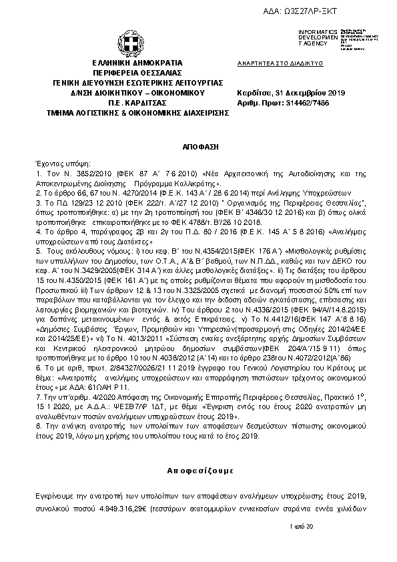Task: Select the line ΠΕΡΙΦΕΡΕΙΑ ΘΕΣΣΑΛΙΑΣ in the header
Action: pyautogui.click(x=132, y=72)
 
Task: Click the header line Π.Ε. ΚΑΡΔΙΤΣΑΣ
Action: pyautogui.click(x=132, y=103)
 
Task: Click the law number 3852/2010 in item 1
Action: pyautogui.click(x=82, y=173)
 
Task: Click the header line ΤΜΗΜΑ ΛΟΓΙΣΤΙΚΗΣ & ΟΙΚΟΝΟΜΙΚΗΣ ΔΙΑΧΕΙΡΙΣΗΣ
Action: pyautogui.click(x=132, y=113)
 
